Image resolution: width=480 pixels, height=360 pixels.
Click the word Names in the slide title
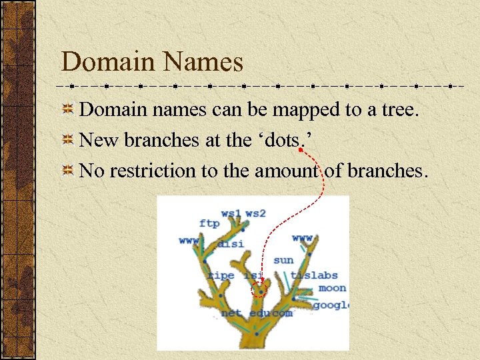point(205,63)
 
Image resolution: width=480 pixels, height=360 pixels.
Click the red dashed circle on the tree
point(259,289)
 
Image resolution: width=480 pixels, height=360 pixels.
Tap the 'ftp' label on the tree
point(209,223)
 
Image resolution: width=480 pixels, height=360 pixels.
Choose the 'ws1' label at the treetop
point(231,213)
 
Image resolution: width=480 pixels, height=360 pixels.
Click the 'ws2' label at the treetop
point(255,213)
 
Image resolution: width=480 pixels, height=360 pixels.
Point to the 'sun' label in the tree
point(283,260)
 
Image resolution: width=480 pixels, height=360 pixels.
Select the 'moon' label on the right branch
point(332,288)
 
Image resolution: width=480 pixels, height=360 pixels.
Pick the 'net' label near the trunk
point(231,313)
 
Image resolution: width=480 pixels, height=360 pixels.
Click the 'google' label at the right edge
point(331,305)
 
